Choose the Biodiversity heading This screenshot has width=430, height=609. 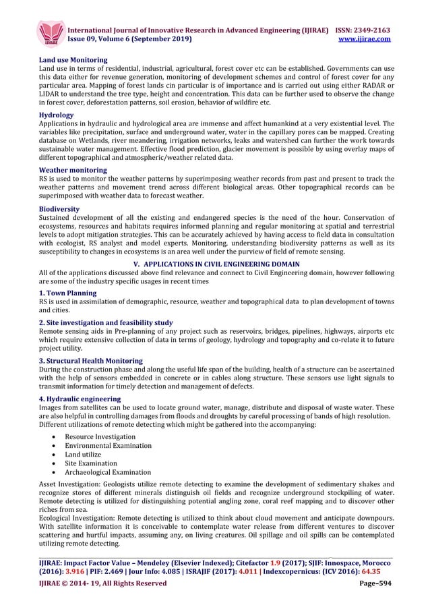pos(59,209)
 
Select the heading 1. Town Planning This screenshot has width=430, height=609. pos(67,293)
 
